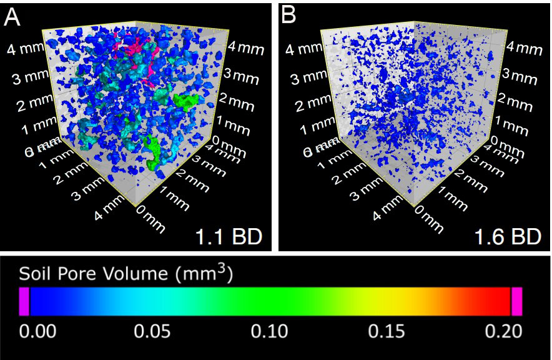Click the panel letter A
[12, 16]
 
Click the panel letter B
[288, 16]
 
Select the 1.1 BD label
[228, 237]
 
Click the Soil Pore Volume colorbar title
[126, 274]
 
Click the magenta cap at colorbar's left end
[24, 301]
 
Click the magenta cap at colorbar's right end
[516, 301]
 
